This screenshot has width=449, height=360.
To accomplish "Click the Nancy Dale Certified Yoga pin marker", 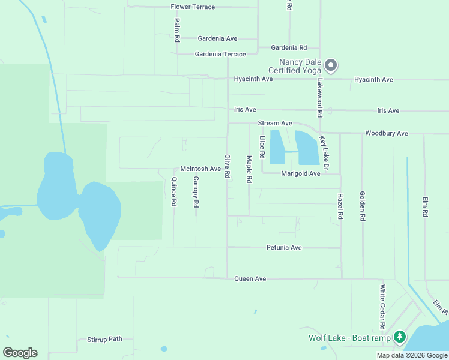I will [330, 65].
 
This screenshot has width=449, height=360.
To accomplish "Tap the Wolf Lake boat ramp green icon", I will [400, 337].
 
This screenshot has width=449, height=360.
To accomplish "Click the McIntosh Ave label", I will [200, 169].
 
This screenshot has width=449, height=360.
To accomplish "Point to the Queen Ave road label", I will [250, 279].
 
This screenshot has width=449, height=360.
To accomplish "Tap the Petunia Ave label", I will [284, 247].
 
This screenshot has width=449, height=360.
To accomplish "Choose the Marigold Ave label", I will [301, 173].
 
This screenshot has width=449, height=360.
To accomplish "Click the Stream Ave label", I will [275, 123].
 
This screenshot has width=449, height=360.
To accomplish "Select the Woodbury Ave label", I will [386, 133].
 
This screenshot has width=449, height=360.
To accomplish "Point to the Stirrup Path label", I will [104, 339].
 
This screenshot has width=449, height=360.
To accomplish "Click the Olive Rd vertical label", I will [228, 166].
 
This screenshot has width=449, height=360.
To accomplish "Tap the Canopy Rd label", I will [196, 192].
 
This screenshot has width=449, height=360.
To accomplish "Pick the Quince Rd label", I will [173, 192].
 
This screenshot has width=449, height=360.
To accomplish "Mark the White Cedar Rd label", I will [382, 307].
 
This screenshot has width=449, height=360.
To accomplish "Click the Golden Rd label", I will [362, 206].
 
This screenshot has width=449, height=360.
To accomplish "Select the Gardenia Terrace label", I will [220, 54].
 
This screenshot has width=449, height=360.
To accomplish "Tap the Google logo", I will [20, 353].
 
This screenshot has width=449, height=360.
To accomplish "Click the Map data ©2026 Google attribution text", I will [412, 355].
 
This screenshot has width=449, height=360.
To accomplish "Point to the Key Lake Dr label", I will [324, 152].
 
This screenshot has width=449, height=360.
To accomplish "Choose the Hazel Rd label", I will [340, 206].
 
